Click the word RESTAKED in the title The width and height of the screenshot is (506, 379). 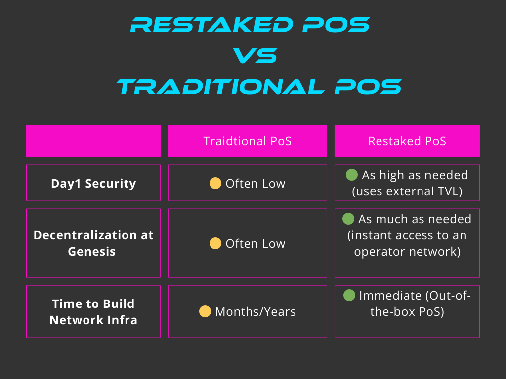click(212, 25)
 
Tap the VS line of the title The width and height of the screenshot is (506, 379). click(255, 55)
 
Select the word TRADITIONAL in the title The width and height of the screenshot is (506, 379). click(220, 87)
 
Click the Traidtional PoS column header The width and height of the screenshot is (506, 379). click(248, 141)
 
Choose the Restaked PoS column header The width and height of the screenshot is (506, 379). click(407, 141)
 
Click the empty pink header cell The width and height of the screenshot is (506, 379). click(93, 141)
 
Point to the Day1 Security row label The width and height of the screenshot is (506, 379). click(93, 184)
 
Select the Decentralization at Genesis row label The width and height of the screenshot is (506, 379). click(93, 243)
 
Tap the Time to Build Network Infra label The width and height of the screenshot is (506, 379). click(93, 312)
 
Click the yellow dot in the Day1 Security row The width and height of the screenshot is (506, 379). click(215, 183)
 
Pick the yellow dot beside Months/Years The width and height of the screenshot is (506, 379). click(205, 311)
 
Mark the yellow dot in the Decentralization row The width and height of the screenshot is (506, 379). click(215, 243)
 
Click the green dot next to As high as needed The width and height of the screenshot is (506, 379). click(352, 175)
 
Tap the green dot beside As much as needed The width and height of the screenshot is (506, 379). click(348, 219)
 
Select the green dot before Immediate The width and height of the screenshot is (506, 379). click(349, 295)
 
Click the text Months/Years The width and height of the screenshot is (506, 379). click(255, 312)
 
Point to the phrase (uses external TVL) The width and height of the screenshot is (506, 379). click(407, 191)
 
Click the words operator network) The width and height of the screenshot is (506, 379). click(407, 252)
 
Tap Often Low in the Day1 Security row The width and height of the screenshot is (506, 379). click(255, 184)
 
